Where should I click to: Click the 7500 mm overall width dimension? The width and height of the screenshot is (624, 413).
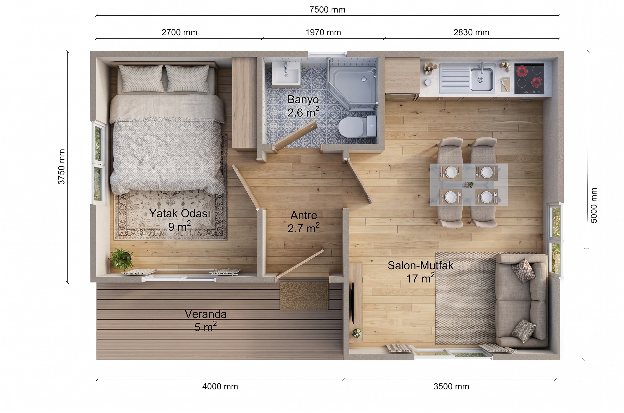[x=327, y=10]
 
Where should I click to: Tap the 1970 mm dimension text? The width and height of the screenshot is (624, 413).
[x=323, y=33]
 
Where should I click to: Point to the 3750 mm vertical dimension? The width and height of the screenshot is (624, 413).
[x=62, y=167]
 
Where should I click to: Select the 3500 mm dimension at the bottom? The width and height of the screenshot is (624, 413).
[x=451, y=386]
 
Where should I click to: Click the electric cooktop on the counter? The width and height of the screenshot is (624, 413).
[x=529, y=78]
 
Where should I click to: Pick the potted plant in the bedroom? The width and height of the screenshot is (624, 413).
[x=121, y=259]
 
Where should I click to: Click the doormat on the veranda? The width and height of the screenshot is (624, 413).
[x=304, y=296]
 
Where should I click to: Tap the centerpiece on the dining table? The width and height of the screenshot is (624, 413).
[x=469, y=185]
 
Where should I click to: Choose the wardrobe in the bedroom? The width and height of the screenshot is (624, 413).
[x=244, y=104]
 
